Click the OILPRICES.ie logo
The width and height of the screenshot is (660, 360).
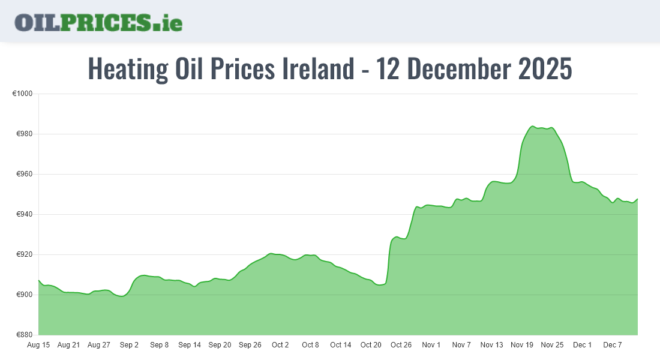click(x=98, y=22)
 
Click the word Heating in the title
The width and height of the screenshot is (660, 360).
click(x=128, y=70)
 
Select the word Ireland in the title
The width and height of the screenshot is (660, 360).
click(x=318, y=70)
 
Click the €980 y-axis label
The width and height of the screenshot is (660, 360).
click(x=23, y=134)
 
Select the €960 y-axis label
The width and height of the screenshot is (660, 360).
click(x=23, y=174)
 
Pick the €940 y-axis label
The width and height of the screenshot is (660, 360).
click(x=23, y=214)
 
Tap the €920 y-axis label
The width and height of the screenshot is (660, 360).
click(x=23, y=254)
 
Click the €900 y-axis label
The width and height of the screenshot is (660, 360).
click(x=23, y=295)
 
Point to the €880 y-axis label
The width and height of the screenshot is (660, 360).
click(x=23, y=335)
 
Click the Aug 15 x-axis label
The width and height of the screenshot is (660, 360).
click(x=38, y=345)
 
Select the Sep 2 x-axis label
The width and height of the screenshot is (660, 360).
click(x=129, y=345)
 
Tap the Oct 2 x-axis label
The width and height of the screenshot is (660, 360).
click(x=280, y=345)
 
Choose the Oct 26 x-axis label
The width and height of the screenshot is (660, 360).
click(x=401, y=345)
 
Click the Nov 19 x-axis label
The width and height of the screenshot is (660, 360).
click(x=522, y=345)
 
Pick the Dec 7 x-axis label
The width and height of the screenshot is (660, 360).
click(x=613, y=345)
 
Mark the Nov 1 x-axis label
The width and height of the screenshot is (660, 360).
click(x=431, y=345)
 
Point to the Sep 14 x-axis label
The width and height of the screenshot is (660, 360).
click(x=190, y=345)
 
